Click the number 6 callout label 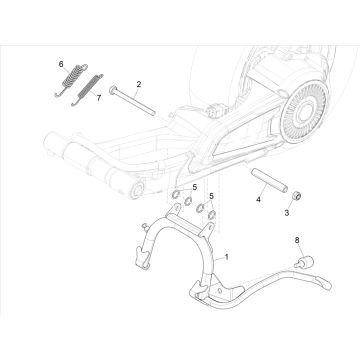coord(60,64)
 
